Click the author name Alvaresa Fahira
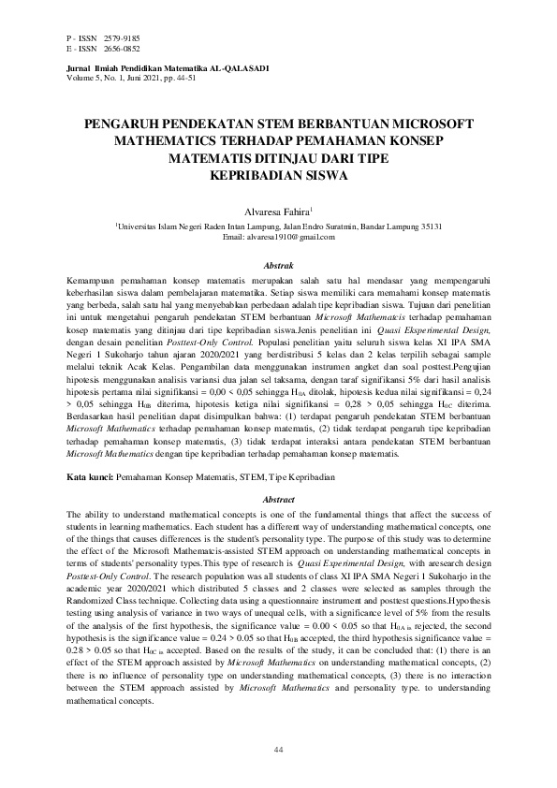click(276, 212)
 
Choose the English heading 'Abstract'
click(278, 501)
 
